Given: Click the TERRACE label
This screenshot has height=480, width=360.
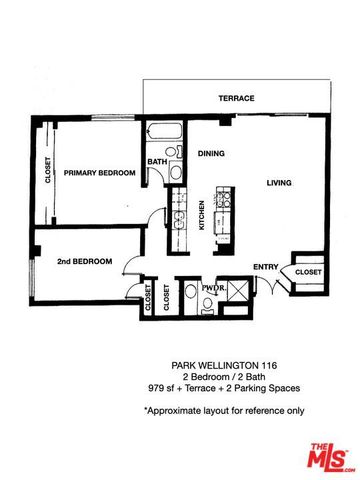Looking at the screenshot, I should click(237, 99).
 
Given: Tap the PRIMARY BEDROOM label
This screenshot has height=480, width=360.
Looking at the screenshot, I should click(99, 173).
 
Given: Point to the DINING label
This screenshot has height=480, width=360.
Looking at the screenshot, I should click(211, 154).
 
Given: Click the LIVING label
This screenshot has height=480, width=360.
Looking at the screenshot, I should click(281, 182).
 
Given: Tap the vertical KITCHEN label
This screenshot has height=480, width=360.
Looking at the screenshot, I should click(202, 213).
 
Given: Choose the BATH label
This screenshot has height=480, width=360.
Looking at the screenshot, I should click(157, 161).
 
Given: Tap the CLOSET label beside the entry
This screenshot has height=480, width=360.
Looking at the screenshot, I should click(309, 271).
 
